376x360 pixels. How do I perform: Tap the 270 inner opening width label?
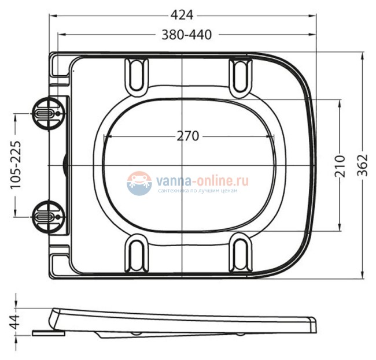[x=187, y=136]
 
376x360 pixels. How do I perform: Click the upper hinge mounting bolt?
[x=45, y=113]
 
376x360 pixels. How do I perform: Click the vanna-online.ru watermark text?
[x=202, y=181]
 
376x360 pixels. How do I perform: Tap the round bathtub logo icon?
[x=139, y=183]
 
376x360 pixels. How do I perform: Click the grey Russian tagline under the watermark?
[x=197, y=191]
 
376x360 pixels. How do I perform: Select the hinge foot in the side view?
[x=49, y=332]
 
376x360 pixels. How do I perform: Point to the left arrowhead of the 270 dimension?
[x=105, y=137]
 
